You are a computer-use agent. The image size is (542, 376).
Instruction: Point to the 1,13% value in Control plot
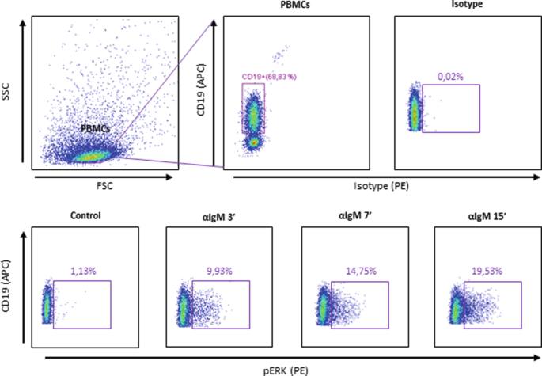tap(82, 270)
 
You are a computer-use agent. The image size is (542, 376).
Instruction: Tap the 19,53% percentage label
tap(488, 270)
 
